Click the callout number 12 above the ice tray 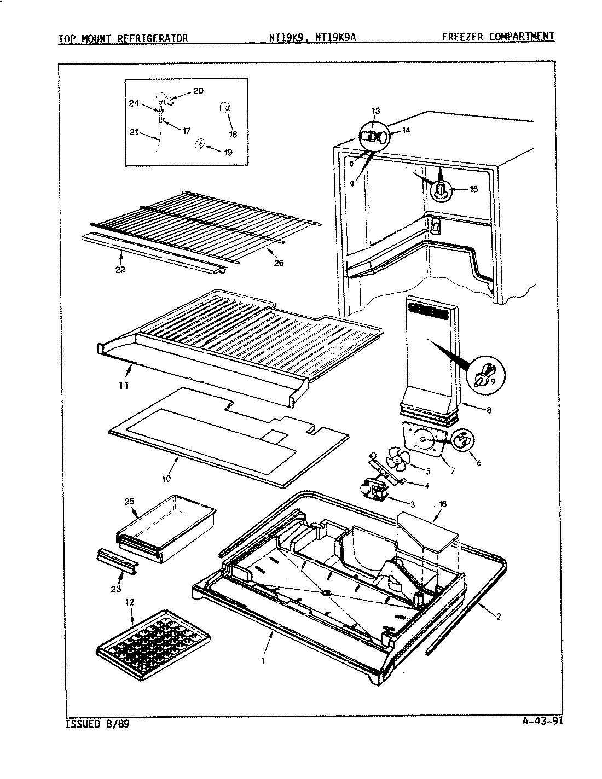coord(129,602)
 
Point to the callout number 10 coord(166,478)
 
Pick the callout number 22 coord(120,269)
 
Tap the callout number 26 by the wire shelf coord(279,264)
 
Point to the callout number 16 coord(442,504)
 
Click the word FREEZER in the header coord(464,37)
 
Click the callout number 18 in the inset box coord(233,135)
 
